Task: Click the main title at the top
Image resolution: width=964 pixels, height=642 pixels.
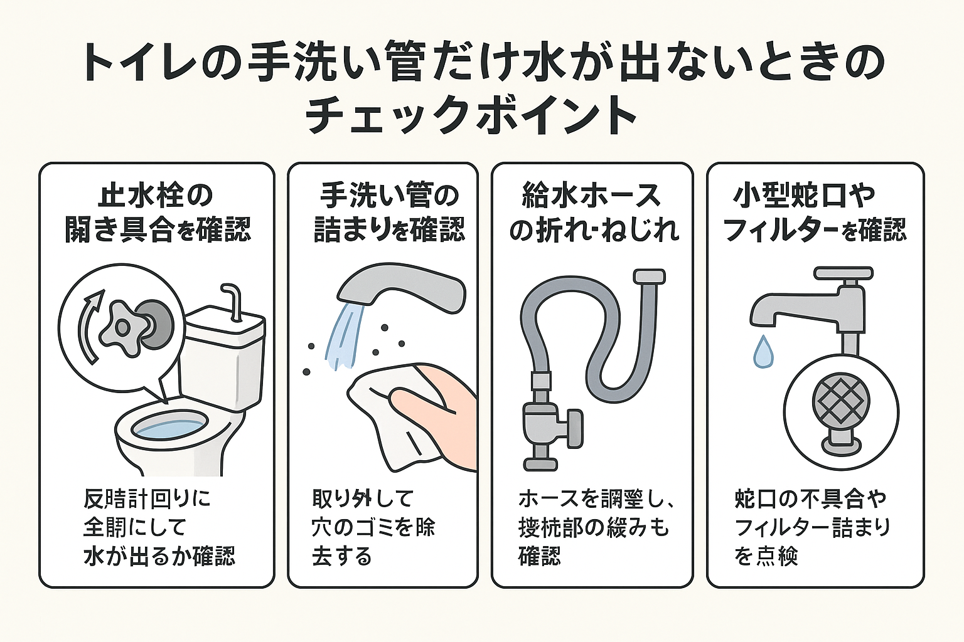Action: (x=482, y=88)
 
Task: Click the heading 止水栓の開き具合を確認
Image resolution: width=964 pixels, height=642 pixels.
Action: (x=157, y=213)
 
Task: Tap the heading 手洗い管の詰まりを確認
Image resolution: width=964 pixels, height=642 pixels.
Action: (x=389, y=213)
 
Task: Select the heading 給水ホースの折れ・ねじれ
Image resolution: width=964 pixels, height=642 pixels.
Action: (x=593, y=213)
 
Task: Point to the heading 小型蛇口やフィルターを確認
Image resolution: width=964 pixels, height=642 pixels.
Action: (x=815, y=213)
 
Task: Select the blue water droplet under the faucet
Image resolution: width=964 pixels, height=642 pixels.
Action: (x=763, y=352)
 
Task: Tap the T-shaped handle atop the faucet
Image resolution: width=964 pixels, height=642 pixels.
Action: (x=843, y=275)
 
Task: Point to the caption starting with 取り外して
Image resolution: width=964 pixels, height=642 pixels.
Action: (x=373, y=527)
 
